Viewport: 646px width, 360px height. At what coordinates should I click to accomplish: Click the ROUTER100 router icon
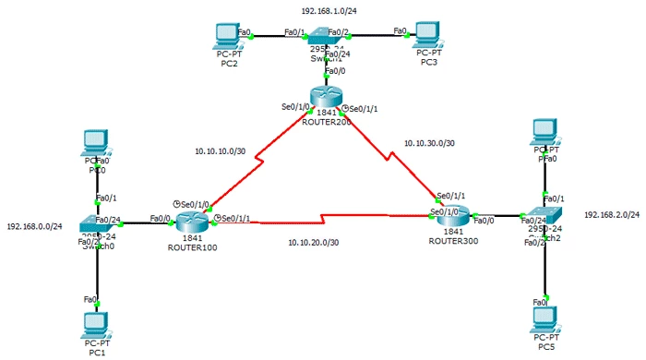tap(193, 220)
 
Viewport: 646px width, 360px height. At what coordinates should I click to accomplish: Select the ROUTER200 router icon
tap(326, 97)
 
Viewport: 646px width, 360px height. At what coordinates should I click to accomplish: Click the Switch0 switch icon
tap(98, 224)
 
